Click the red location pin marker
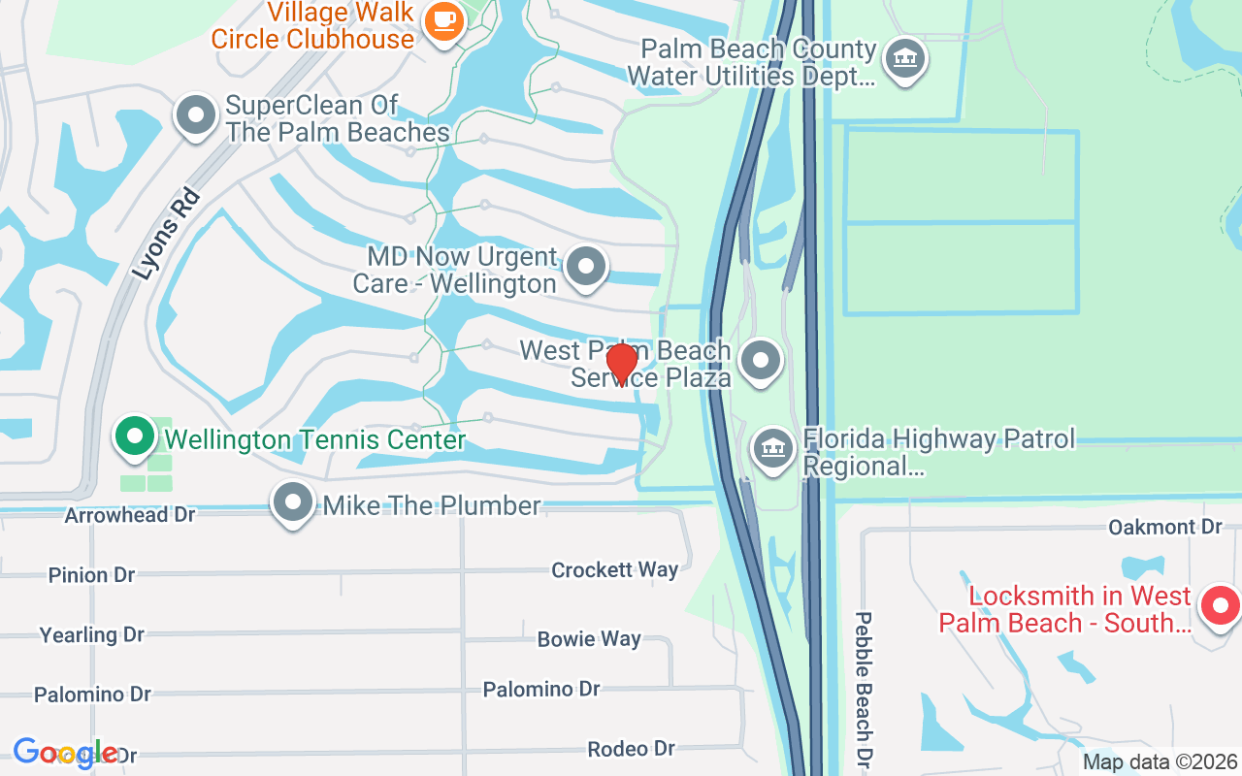tap(621, 364)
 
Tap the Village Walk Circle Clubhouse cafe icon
tap(445, 20)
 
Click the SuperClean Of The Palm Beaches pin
tap(196, 114)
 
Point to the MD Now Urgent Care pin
tap(585, 267)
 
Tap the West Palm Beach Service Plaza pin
tap(761, 361)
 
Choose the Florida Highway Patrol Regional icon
tap(772, 449)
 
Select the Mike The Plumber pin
tap(293, 502)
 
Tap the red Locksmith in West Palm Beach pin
tap(1219, 605)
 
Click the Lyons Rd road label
tap(166, 234)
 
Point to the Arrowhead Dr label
tap(130, 515)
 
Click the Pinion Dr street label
tap(91, 575)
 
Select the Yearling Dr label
tap(91, 635)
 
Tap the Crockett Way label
tap(614, 569)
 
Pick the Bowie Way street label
tap(589, 638)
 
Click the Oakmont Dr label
tap(1164, 527)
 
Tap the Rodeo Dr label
tap(631, 749)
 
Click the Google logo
tap(65, 753)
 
